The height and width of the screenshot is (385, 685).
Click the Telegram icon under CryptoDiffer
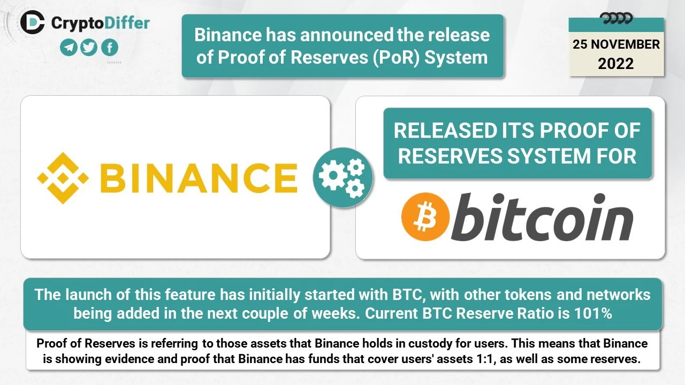coord(68,48)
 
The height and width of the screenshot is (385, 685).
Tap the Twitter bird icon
coord(89,48)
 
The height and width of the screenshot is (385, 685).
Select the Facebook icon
coord(110,48)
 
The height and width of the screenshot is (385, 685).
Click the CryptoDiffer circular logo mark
coord(33,22)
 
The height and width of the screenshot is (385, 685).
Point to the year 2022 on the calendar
coord(616,64)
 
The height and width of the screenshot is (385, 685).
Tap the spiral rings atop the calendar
coord(616,18)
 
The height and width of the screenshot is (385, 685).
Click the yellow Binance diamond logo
coord(63,178)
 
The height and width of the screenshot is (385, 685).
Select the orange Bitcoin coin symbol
coord(425,217)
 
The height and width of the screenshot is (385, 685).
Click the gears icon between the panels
coord(343,178)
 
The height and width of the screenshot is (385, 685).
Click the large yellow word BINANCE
coord(199,178)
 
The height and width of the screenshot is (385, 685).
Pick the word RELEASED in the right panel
coord(446,131)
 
